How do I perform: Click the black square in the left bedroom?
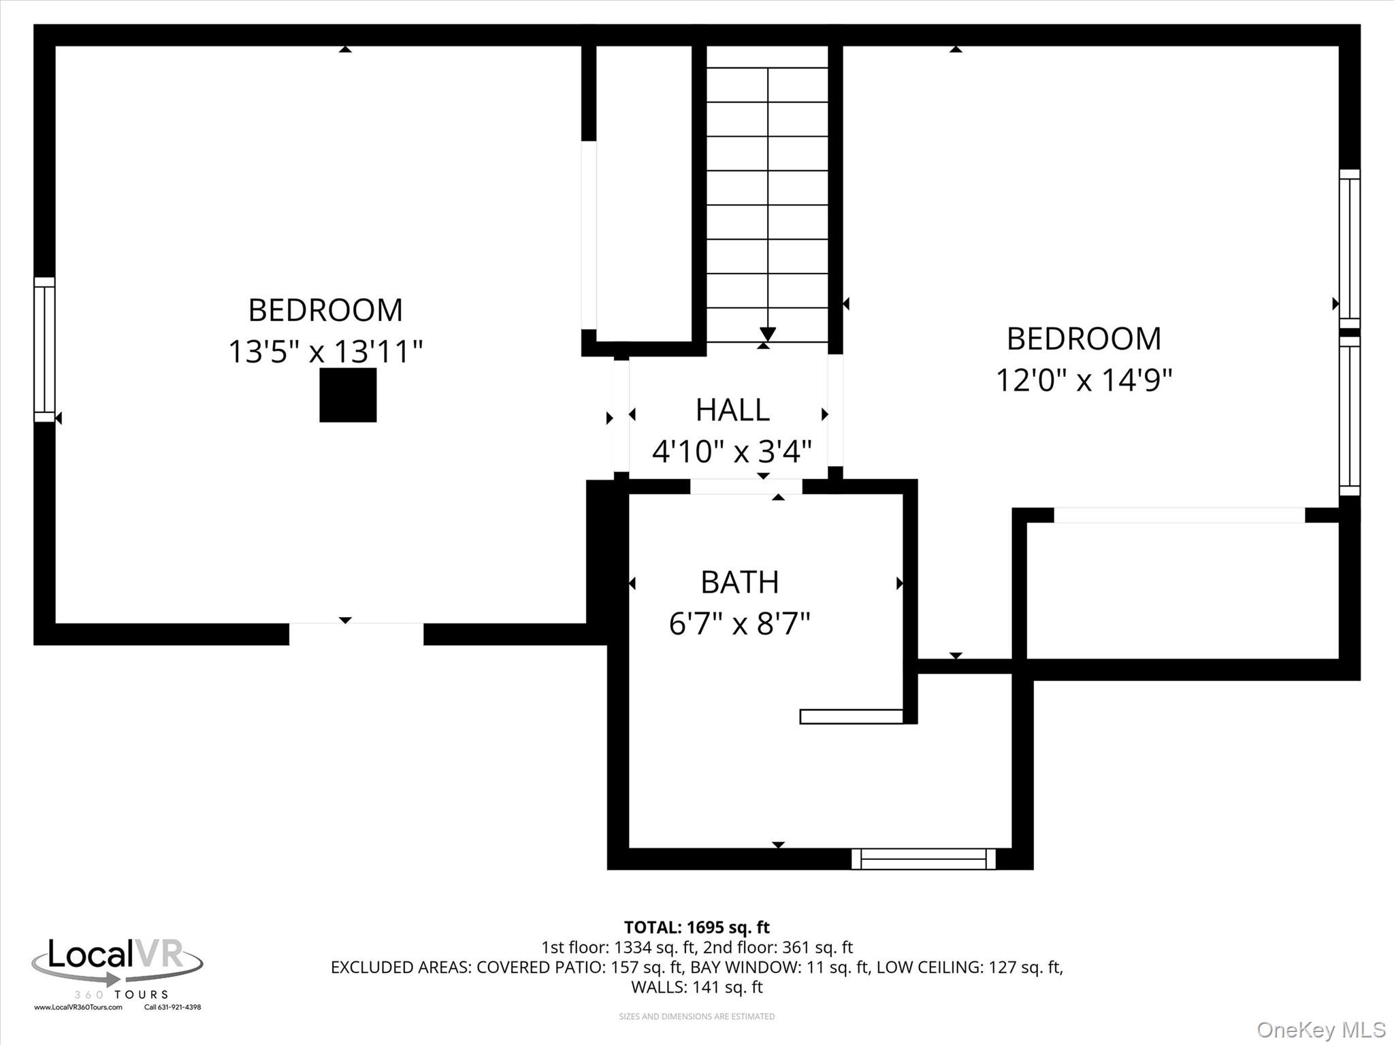pyautogui.click(x=348, y=395)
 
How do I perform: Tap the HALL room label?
pyautogui.click(x=732, y=410)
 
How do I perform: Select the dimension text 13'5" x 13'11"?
pyautogui.click(x=325, y=352)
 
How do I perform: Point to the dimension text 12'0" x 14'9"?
pyautogui.click(x=1084, y=380)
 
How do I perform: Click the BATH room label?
pyautogui.click(x=739, y=582)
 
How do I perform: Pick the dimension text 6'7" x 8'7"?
pyautogui.click(x=739, y=624)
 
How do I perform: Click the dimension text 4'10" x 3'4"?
pyautogui.click(x=732, y=450)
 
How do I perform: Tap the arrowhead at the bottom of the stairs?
pyautogui.click(x=768, y=334)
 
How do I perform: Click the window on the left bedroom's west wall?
pyautogui.click(x=44, y=349)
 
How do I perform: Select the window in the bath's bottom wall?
pyautogui.click(x=924, y=859)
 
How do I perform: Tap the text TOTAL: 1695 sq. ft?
pyautogui.click(x=696, y=927)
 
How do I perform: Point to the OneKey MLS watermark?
pyautogui.click(x=1320, y=1029)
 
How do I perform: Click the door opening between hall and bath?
pyautogui.click(x=746, y=486)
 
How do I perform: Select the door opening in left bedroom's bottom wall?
pyautogui.click(x=356, y=633)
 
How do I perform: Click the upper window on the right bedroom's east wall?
pyautogui.click(x=1349, y=248)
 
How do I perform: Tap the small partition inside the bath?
pyautogui.click(x=851, y=716)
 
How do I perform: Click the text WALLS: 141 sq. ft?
pyautogui.click(x=696, y=986)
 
